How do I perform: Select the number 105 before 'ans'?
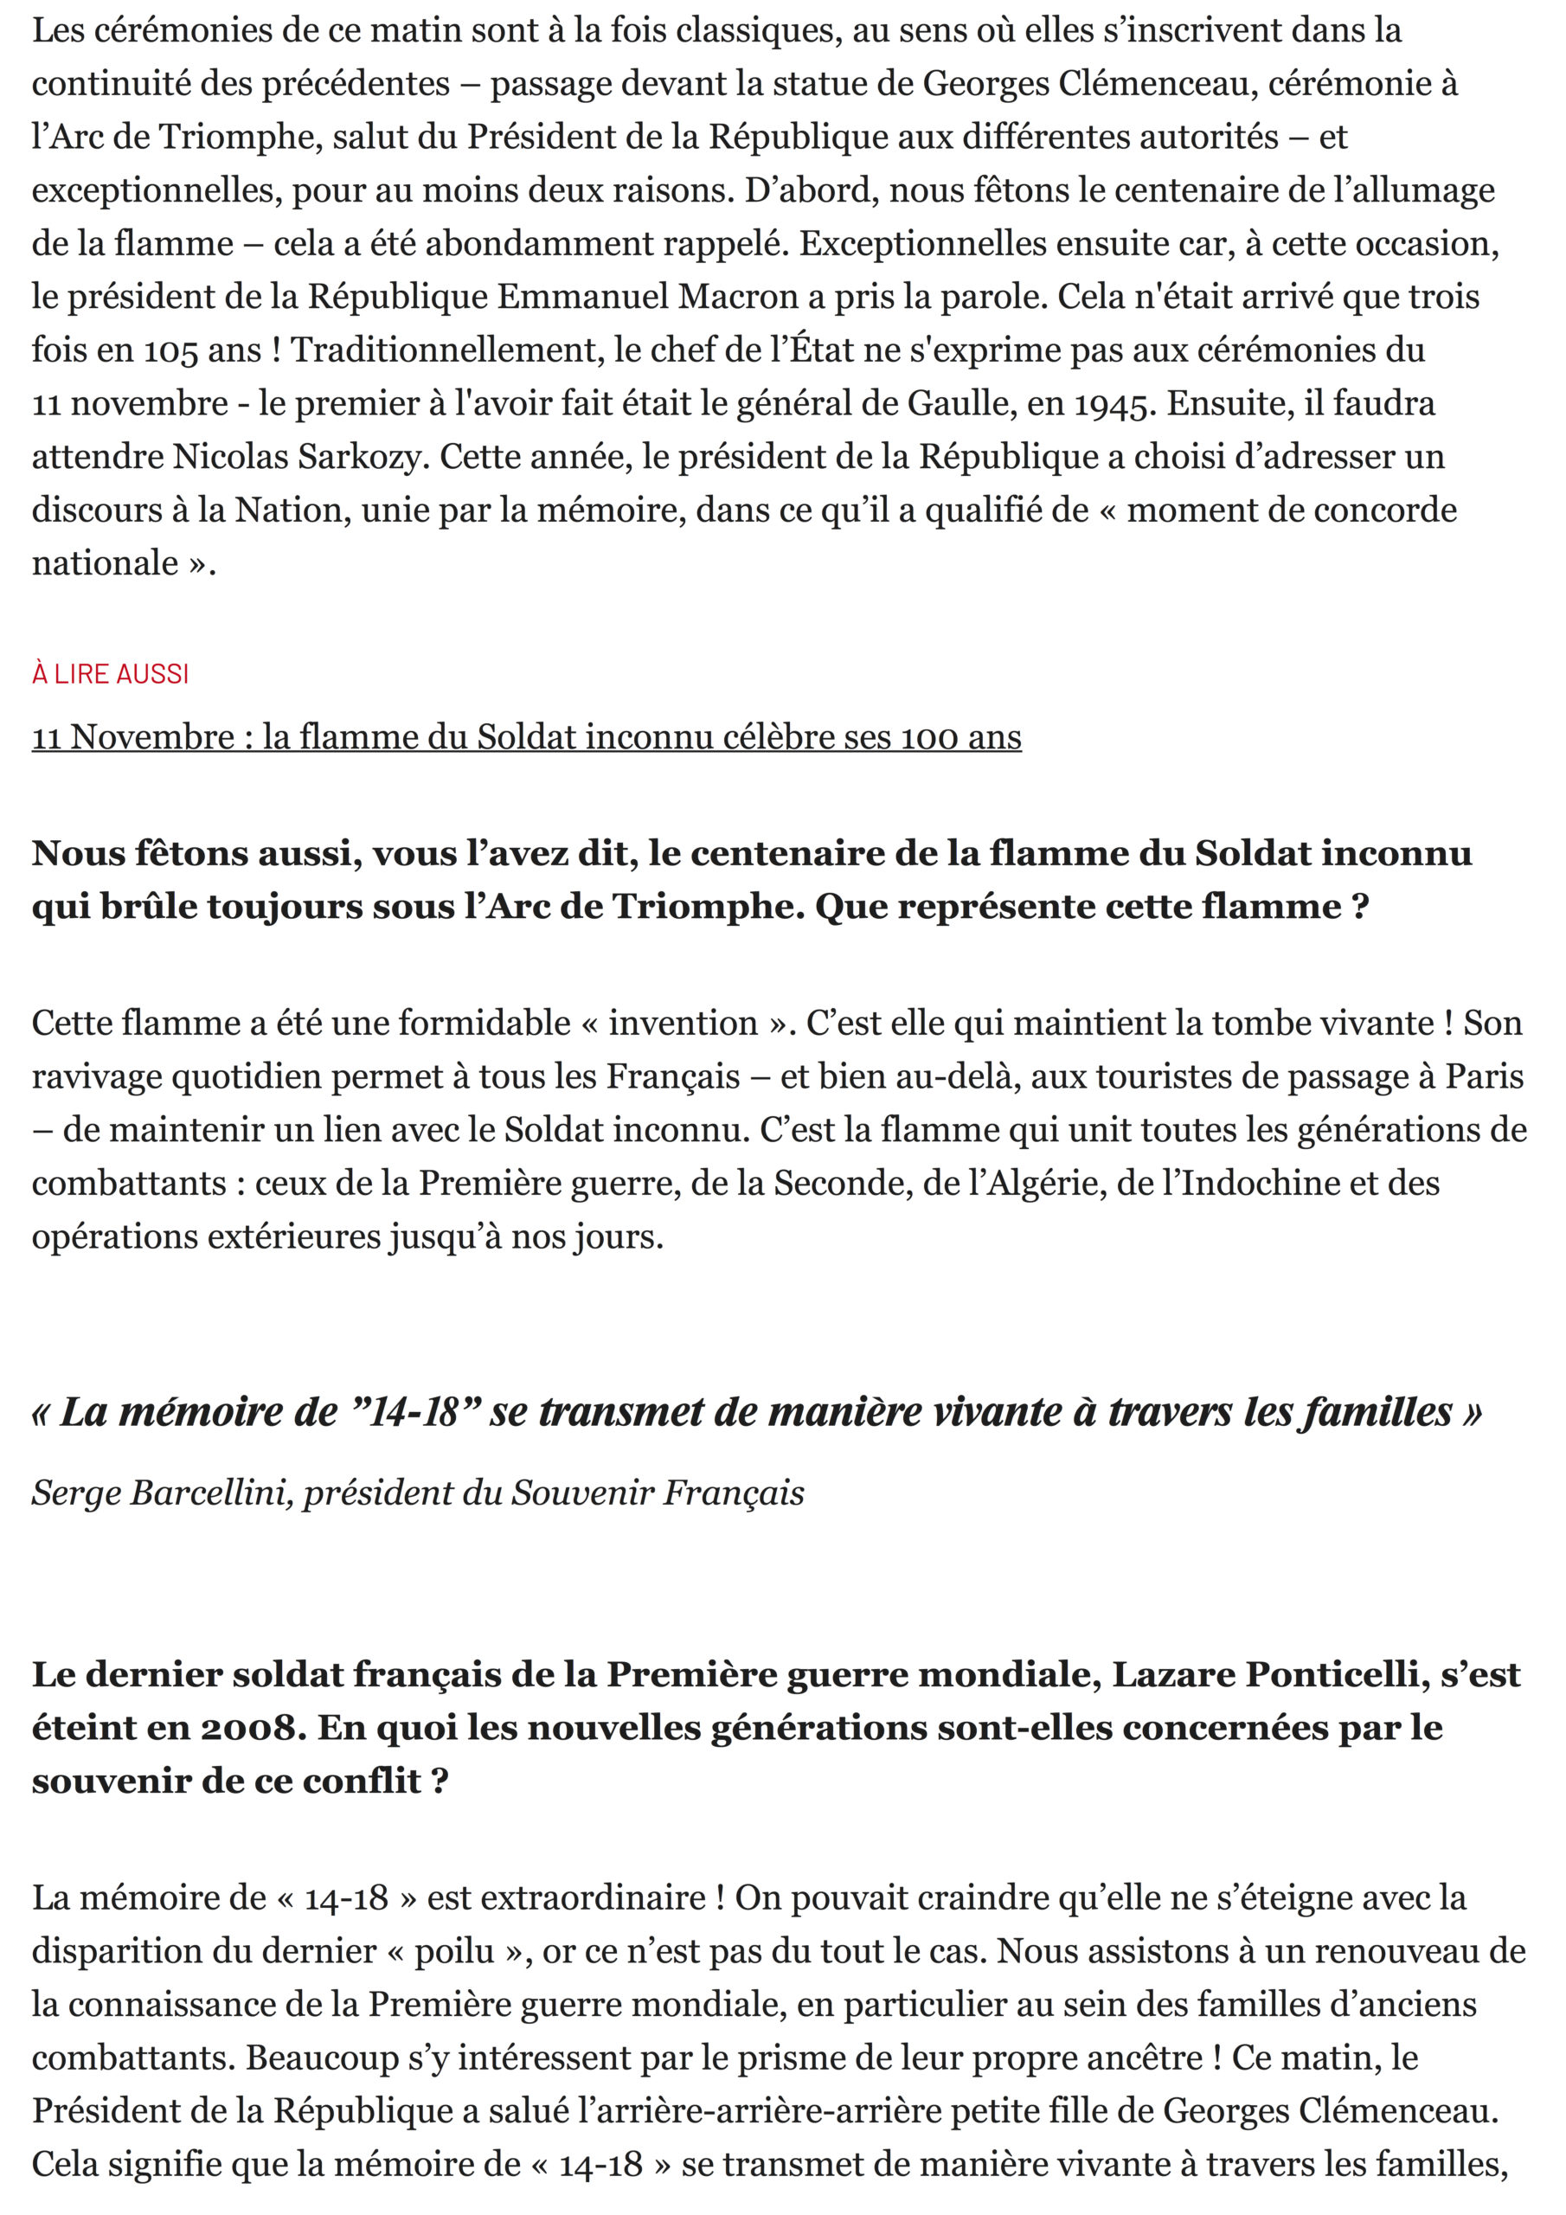click(x=170, y=350)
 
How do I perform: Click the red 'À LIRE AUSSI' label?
click(x=110, y=673)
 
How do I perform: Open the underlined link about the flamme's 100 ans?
click(x=526, y=737)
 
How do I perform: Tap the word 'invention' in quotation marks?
click(x=684, y=1023)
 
